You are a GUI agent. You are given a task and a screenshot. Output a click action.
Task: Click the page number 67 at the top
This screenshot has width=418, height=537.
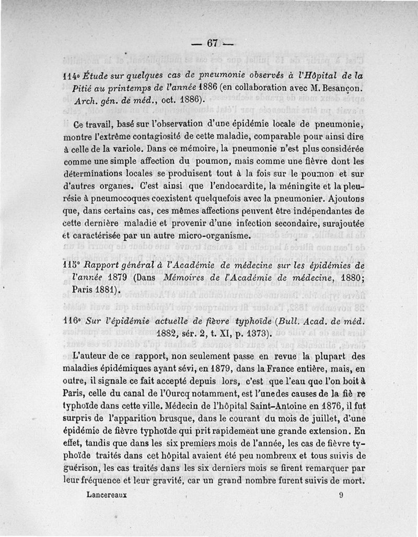click(212, 44)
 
